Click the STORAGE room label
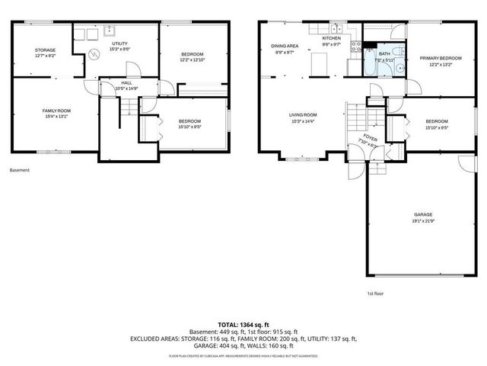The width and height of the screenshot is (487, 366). tap(45, 50)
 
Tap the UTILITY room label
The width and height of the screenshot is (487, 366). tap(119, 43)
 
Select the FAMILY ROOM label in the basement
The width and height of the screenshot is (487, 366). tap(56, 111)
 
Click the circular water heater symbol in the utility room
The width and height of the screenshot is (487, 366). tap(94, 54)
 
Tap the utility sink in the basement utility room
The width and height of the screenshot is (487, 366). tap(110, 31)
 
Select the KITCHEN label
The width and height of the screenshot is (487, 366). tap(330, 38)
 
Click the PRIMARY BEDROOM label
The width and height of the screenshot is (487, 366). tap(441, 58)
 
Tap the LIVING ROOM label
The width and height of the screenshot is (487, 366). tap(302, 115)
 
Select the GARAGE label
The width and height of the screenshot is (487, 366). tap(423, 215)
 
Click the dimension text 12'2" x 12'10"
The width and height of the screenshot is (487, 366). tap(191, 59)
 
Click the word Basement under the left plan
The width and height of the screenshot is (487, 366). tap(20, 170)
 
